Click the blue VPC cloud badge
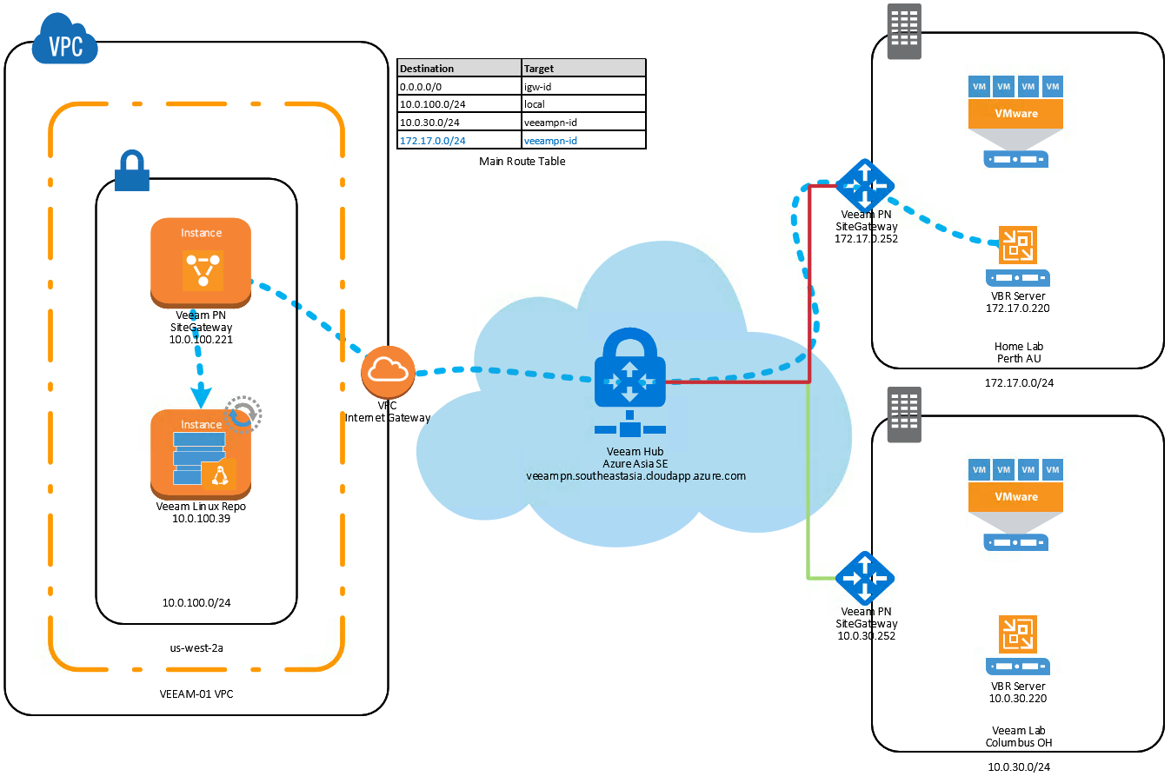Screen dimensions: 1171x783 point(65,40)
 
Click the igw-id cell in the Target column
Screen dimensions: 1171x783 point(583,86)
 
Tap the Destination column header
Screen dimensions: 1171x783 point(460,68)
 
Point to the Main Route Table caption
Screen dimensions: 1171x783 point(522,161)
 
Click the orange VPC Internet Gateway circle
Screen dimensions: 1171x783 point(388,372)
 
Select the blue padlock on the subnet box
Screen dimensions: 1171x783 point(132,170)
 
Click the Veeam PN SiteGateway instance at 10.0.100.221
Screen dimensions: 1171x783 point(201,262)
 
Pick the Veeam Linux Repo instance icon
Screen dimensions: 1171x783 point(201,455)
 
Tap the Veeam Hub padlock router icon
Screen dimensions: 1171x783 point(630,382)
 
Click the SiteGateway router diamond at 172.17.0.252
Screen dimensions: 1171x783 point(865,186)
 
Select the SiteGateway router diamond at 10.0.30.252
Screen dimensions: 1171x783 point(865,578)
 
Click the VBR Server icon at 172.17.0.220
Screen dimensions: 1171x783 point(1017,255)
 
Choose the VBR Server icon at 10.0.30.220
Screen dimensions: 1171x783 point(1017,645)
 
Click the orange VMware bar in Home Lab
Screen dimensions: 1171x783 point(1015,114)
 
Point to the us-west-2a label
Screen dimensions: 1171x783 point(196,647)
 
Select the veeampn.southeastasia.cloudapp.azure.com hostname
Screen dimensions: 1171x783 point(635,475)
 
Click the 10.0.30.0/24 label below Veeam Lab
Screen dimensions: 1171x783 point(1018,766)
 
